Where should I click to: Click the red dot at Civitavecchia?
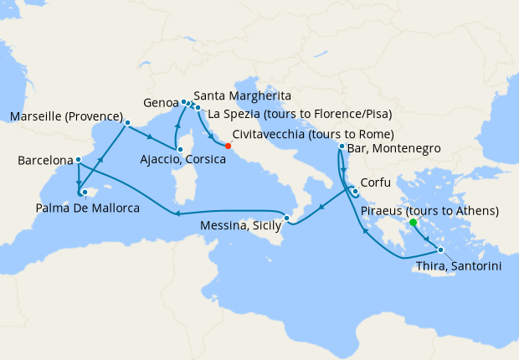[x=229, y=146]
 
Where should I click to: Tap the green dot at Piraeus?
[x=413, y=223]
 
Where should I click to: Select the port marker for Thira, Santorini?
[x=440, y=250]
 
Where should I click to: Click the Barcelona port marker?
[x=78, y=160]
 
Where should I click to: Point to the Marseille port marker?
[x=127, y=123]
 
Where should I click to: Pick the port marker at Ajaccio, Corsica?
[x=179, y=147]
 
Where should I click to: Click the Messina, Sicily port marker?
[x=287, y=219]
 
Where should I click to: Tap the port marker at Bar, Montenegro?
[x=342, y=147]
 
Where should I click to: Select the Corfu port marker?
[x=356, y=190]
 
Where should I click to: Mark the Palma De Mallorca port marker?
[x=85, y=192]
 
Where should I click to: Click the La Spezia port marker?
[x=198, y=108]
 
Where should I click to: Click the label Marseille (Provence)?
[x=66, y=116]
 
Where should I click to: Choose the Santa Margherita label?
[x=242, y=95]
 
